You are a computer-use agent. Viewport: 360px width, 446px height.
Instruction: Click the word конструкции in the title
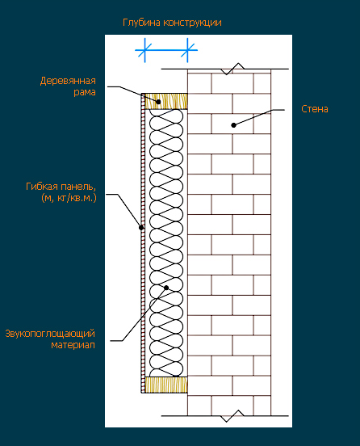click(x=192, y=23)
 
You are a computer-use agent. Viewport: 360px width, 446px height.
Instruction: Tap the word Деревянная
click(x=68, y=81)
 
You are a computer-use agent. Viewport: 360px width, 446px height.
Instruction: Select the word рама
click(x=85, y=92)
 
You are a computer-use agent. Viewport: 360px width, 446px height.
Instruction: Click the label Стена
click(x=315, y=109)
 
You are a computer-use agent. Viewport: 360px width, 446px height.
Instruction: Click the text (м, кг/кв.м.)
click(x=69, y=198)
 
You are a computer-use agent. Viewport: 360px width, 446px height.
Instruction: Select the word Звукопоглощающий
click(x=50, y=334)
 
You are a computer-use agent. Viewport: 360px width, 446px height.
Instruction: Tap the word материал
click(x=73, y=345)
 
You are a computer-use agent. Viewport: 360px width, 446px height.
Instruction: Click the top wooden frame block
click(x=166, y=101)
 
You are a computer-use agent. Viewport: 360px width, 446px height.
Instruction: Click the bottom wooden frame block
click(x=166, y=385)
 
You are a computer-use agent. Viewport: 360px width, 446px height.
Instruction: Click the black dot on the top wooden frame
click(x=158, y=102)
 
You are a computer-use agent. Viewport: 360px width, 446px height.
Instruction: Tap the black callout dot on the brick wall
click(x=233, y=125)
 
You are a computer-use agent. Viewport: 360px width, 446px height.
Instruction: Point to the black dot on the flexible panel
click(x=141, y=228)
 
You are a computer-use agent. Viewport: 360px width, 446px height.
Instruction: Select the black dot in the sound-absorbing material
click(x=166, y=288)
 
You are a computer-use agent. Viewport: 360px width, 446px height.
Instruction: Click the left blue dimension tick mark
click(x=145, y=50)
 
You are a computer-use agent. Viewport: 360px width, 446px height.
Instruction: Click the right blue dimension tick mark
click(x=187, y=50)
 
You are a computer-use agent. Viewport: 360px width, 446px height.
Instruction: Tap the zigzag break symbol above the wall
click(x=232, y=69)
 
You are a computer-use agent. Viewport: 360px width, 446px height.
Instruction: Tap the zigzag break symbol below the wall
click(x=232, y=416)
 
